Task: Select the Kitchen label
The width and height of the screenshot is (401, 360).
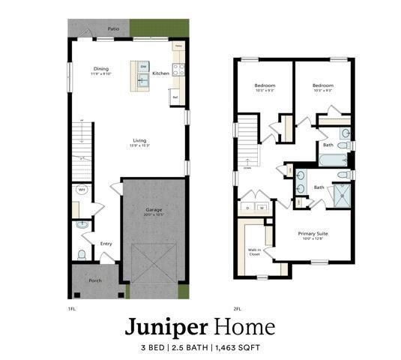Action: [x=160, y=73]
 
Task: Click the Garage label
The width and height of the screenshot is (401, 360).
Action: [x=154, y=209]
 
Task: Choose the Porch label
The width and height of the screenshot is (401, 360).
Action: [x=94, y=281]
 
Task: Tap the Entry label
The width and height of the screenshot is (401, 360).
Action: [x=106, y=243]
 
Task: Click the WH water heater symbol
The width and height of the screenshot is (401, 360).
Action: [x=82, y=190]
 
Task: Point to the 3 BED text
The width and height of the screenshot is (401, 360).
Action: [x=155, y=348]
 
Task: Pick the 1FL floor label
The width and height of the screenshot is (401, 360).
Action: [x=72, y=307]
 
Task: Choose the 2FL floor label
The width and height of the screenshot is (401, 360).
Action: [x=238, y=307]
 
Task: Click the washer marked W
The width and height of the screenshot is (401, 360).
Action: [x=262, y=207]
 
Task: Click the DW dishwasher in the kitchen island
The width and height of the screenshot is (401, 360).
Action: [x=143, y=67]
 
